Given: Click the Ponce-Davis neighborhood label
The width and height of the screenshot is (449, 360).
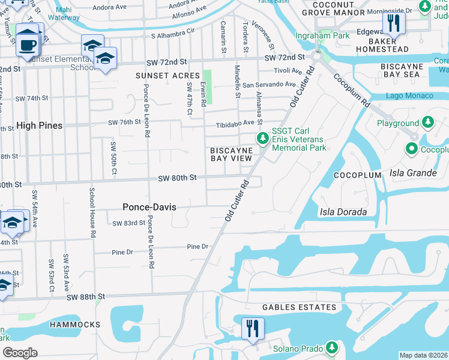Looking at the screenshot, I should coord(149,206).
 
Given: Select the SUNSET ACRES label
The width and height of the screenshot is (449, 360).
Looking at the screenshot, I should coord(167,76).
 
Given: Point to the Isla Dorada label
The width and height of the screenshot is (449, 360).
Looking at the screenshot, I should coord(341,211).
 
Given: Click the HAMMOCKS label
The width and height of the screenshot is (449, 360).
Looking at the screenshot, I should coord(75,324).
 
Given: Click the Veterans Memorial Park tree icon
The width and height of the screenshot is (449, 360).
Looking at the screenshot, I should coord(262,139).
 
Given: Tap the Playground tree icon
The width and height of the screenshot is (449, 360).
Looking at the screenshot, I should coord(427,123).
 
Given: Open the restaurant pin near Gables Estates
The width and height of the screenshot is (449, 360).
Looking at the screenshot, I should coord(252,328).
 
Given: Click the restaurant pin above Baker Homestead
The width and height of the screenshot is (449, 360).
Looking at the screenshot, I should coord(394,24).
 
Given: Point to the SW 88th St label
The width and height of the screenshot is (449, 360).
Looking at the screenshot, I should coord(86,297).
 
